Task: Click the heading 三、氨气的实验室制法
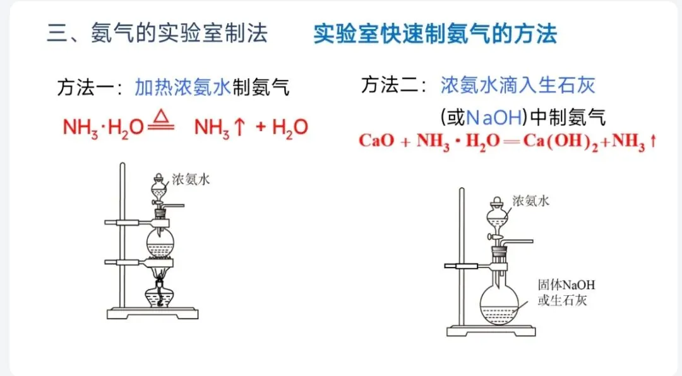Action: (x=157, y=33)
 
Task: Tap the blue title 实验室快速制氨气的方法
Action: (x=435, y=33)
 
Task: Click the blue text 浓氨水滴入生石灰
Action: (x=518, y=85)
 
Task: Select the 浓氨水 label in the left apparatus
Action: (x=191, y=180)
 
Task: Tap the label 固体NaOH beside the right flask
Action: (x=566, y=285)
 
